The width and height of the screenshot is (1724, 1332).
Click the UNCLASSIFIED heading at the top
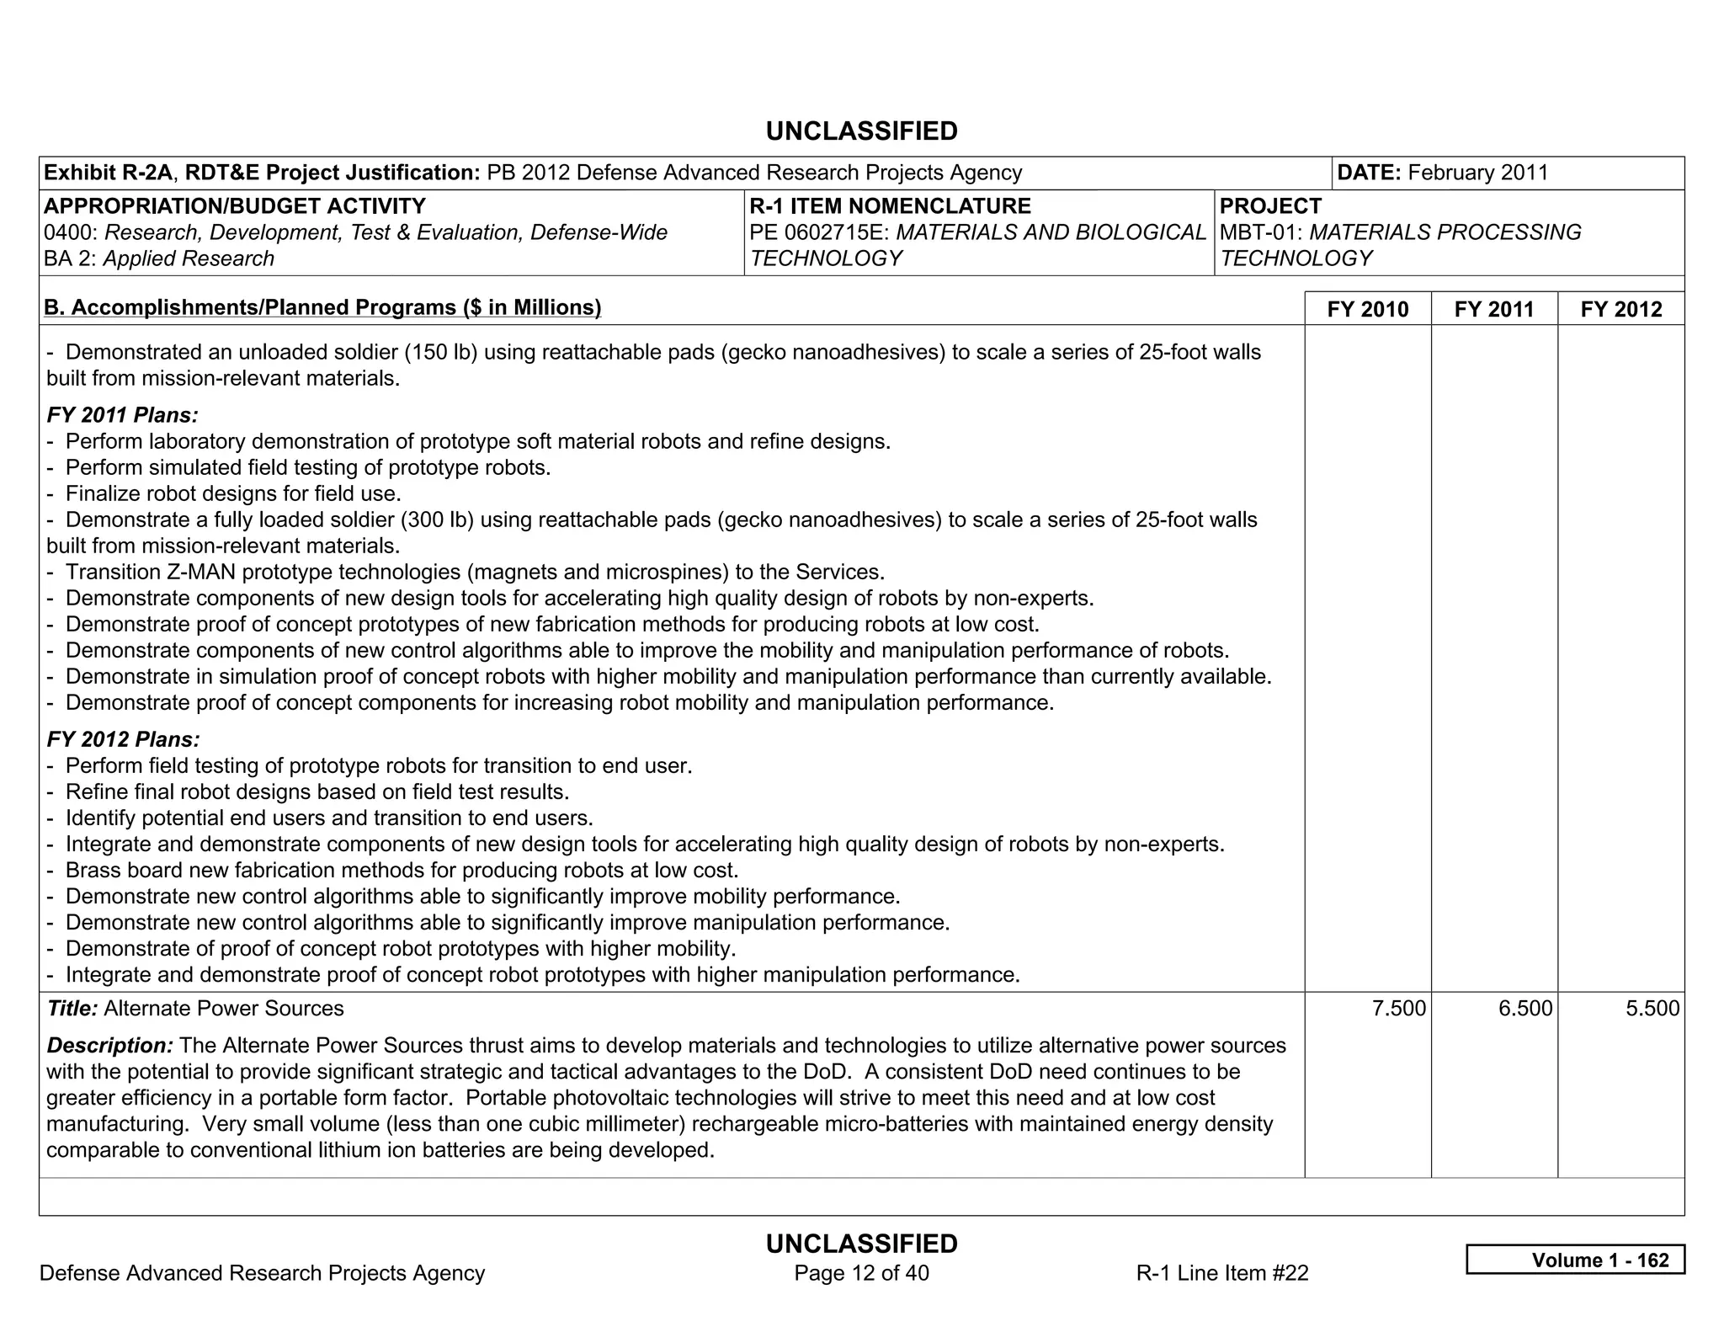861,131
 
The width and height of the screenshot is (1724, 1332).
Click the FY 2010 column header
1367,309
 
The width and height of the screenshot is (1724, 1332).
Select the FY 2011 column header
1493,309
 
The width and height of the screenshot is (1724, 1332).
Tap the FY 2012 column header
1620,309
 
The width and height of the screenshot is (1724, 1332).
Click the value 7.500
1398,1009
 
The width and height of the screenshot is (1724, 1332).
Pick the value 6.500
1524,1009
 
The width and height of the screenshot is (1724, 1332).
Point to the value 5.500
1652,1009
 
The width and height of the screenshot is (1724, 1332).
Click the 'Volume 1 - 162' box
1575,1260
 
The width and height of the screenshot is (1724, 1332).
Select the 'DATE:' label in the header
1368,173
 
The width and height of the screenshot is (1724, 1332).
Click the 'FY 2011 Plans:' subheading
123,415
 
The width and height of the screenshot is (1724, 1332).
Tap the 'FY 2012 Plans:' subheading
123,739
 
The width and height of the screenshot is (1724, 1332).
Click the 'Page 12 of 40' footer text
861,1273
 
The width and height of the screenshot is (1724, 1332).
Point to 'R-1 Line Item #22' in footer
1221,1273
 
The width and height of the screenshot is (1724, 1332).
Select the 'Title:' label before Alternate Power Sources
72,1009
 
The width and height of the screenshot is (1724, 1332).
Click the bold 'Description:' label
109,1046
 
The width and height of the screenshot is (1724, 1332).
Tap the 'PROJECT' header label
1270,206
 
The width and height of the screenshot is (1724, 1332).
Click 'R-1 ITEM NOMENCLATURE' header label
890,206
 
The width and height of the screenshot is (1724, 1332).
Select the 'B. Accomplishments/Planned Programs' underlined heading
322,307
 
